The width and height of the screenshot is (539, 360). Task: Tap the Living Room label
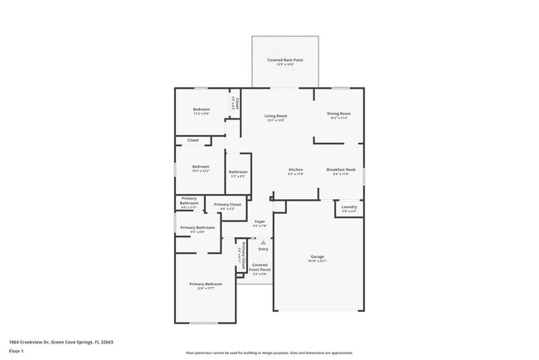click(275, 117)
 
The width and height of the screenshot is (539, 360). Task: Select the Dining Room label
click(340, 114)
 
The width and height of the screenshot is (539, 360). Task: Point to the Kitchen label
click(296, 172)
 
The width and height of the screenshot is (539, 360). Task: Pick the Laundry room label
click(349, 208)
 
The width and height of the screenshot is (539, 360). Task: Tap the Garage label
click(318, 258)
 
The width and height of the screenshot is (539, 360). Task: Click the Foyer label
click(260, 223)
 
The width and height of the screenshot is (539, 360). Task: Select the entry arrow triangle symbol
click(263, 241)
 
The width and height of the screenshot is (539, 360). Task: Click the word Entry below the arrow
click(263, 249)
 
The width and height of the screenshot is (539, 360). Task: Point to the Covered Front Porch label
click(260, 269)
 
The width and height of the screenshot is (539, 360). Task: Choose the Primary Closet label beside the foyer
click(227, 206)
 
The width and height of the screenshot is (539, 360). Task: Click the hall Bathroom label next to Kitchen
click(238, 173)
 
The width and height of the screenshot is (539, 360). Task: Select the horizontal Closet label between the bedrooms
click(192, 140)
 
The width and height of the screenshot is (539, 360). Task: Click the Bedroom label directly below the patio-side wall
click(202, 111)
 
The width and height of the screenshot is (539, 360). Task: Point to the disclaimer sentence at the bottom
click(269, 352)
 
